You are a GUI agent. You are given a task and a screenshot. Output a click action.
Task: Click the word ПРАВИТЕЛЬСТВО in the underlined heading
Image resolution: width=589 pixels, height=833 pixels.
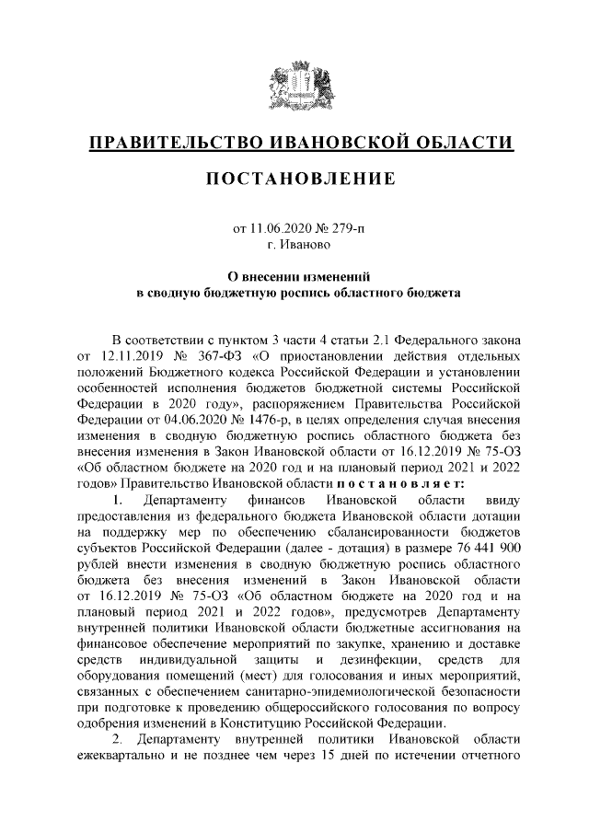(174, 143)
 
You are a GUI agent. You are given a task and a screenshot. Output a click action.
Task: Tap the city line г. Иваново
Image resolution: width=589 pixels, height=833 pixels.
(294, 245)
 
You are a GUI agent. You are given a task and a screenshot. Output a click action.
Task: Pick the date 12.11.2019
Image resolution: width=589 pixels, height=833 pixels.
(127, 354)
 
